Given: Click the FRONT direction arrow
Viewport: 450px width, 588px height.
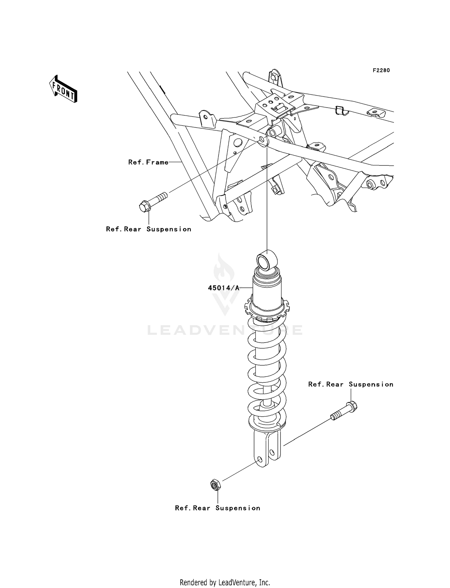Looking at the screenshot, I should (63, 90).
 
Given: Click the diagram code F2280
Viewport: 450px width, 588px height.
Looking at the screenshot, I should (381, 70).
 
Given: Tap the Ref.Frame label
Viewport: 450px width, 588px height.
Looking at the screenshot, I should (148, 162).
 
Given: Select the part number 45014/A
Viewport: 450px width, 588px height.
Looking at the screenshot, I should (223, 288).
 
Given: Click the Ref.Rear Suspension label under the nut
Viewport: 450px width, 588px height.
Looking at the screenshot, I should (217, 508).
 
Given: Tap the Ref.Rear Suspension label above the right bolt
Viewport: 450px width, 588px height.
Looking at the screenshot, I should (350, 384).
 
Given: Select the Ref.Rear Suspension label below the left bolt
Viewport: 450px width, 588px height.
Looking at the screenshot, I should (148, 229).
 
